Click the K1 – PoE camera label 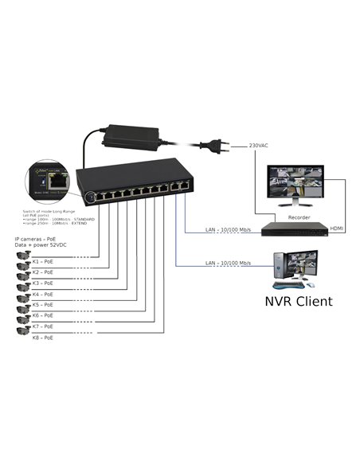[x=44, y=260]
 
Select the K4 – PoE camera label [x=44, y=294]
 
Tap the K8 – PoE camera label [x=44, y=338]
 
